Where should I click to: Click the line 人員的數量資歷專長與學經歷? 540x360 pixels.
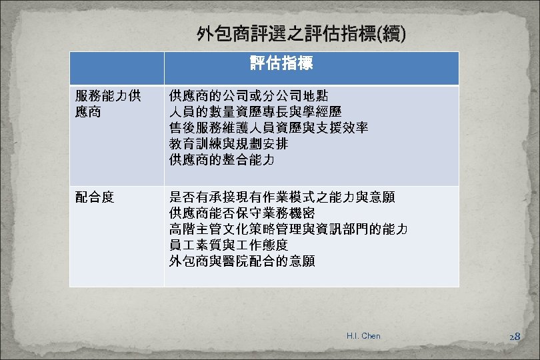click(255, 111)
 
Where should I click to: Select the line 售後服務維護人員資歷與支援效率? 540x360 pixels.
click(269, 127)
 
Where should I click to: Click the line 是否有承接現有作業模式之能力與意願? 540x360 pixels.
click(282, 197)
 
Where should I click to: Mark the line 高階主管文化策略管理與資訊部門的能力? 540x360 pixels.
click(289, 229)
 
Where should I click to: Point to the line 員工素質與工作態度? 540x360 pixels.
click(229, 245)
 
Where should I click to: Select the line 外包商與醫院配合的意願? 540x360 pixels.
click(242, 261)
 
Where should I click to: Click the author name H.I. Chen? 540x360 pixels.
click(363, 336)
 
